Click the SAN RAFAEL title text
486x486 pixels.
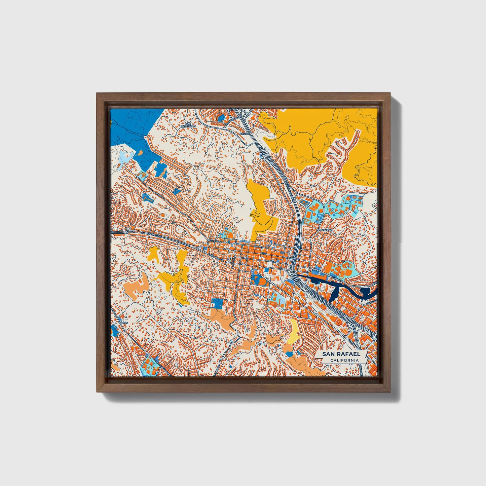[x=341, y=354]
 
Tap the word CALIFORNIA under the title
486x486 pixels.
[x=344, y=361]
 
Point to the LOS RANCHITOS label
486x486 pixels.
[x=188, y=125]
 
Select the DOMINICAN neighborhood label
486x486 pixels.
[x=325, y=230]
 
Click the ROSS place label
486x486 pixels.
[x=124, y=323]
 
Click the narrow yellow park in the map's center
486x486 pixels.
[x=261, y=209]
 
